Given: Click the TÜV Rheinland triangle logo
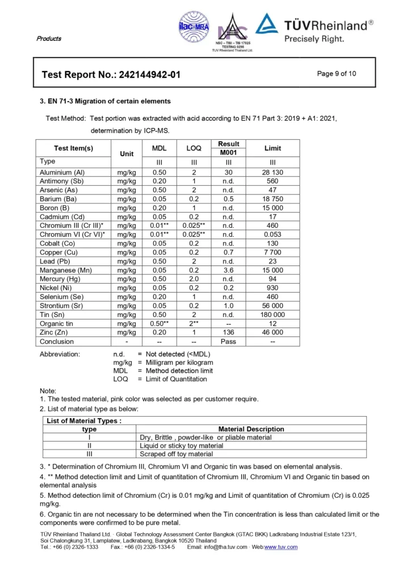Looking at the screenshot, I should tap(267, 24).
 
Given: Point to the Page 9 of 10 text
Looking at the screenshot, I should tap(337, 73).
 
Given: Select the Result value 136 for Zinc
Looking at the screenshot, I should tap(228, 332).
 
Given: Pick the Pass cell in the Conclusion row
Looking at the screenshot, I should tap(228, 342).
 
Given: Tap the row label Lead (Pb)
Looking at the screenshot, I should tap(55, 261).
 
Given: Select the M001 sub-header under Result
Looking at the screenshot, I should tap(228, 152).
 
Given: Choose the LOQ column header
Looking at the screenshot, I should tap(194, 148).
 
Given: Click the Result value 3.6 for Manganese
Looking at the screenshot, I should tap(228, 271).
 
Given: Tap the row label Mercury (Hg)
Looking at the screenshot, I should tap(60, 279).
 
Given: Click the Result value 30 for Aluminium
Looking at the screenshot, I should tap(228, 172).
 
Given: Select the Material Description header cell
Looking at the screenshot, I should tap(251, 429).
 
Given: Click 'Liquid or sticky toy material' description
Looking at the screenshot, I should tap(182, 446).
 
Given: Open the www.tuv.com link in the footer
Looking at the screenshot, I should tap(281, 547).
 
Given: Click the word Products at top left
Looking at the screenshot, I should tap(49, 39).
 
